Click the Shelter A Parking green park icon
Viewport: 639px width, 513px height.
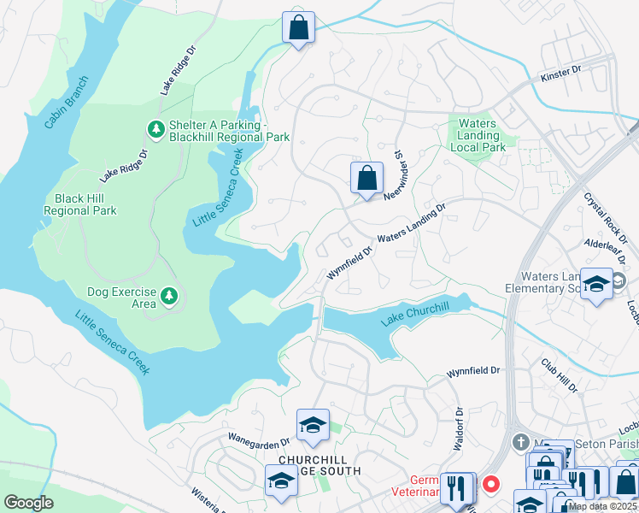(x=155, y=128)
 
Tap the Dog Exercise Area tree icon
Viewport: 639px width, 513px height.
(x=169, y=296)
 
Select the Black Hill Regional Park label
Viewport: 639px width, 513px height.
(x=79, y=204)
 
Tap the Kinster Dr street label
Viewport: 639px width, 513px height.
(x=560, y=76)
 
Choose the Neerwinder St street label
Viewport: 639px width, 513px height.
(x=396, y=174)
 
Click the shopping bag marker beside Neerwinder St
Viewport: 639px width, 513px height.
(x=366, y=180)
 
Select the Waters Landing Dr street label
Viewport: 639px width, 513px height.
(x=413, y=225)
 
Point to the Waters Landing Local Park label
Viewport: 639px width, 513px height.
(x=478, y=135)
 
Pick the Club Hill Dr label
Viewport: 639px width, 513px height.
(x=559, y=374)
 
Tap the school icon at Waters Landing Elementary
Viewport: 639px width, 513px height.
(x=595, y=285)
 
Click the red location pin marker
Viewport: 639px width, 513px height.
(x=490, y=483)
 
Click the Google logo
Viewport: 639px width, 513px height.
(x=28, y=503)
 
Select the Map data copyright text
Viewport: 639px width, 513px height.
(x=602, y=506)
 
